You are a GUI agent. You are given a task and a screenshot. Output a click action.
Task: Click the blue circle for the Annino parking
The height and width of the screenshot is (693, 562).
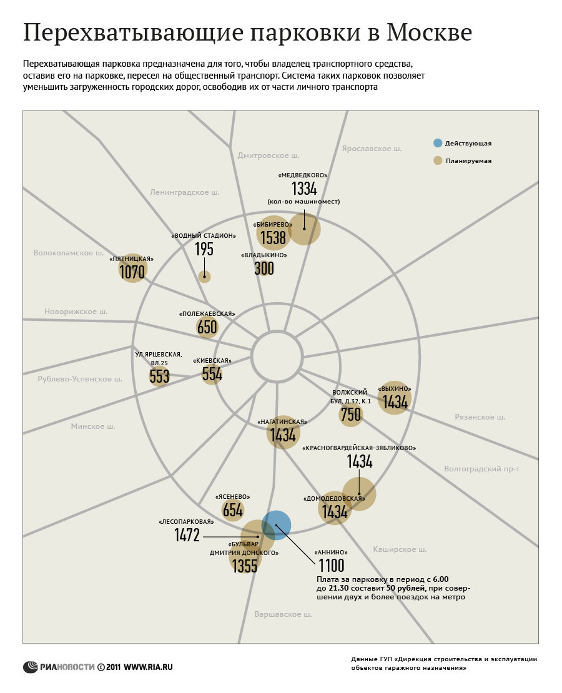click(x=276, y=525)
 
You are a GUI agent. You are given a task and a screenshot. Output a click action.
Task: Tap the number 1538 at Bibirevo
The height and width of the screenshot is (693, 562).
click(x=273, y=238)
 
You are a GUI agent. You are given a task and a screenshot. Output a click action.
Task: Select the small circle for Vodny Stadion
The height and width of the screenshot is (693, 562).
click(x=204, y=277)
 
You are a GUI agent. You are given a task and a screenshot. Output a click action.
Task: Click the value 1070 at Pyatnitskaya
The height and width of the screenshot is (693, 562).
click(x=132, y=272)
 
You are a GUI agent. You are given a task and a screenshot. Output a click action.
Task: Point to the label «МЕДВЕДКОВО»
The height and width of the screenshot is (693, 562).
click(x=303, y=175)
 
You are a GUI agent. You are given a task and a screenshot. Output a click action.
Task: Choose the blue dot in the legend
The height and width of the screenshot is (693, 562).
click(x=438, y=143)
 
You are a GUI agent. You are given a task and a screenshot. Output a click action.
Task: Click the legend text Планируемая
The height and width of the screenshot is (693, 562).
click(x=469, y=161)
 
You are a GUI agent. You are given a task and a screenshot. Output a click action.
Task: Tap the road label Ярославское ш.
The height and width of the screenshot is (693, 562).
click(x=372, y=149)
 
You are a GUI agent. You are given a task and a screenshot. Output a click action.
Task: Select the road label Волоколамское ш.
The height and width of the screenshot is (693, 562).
click(x=69, y=253)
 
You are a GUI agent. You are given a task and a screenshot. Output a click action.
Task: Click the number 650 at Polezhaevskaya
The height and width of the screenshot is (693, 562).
click(x=207, y=327)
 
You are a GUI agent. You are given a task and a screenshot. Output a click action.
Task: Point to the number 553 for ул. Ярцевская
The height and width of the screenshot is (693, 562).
click(x=159, y=376)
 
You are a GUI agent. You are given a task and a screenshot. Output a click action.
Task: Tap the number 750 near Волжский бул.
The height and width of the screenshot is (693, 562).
click(x=351, y=415)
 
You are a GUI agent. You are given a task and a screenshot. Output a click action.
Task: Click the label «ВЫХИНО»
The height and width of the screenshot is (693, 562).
click(x=395, y=389)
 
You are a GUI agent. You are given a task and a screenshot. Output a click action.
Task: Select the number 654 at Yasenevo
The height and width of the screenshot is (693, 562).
click(x=232, y=510)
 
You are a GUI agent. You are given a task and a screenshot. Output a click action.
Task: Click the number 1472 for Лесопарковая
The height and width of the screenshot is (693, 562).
click(x=187, y=535)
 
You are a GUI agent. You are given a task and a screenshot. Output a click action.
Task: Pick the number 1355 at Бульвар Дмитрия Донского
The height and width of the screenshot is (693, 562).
click(x=245, y=566)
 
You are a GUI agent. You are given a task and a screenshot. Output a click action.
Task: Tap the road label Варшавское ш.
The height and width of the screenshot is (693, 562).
click(x=283, y=614)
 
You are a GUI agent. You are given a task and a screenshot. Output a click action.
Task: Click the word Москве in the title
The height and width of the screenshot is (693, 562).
click(x=430, y=32)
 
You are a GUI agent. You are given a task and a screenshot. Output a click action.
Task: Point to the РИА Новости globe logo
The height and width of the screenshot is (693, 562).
click(x=31, y=667)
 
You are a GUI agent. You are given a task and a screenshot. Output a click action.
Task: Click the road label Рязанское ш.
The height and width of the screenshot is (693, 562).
click(x=480, y=417)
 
